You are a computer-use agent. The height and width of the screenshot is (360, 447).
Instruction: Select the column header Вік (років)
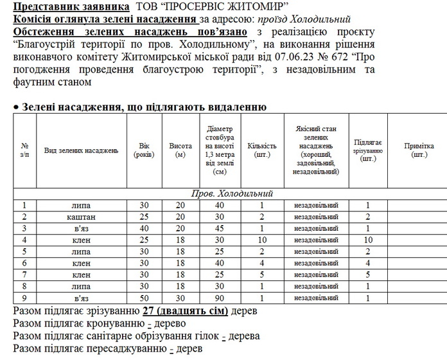pos(145,150)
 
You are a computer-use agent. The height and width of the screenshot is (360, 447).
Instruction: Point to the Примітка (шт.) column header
pos(419,150)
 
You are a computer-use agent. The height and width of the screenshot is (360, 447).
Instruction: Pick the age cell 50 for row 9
pos(145,298)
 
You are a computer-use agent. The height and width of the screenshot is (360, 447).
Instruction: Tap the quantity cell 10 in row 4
pos(261,240)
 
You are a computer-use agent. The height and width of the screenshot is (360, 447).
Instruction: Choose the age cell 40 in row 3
pos(145,228)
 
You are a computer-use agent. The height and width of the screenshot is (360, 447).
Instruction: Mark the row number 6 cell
pos(24,263)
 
